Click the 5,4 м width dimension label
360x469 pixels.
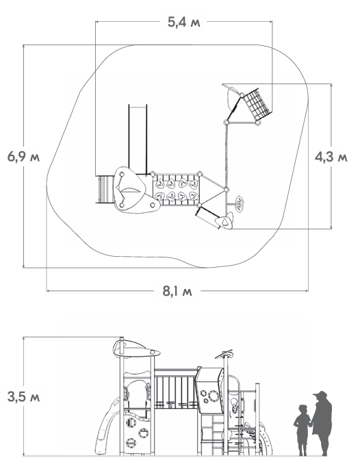coord(183,22)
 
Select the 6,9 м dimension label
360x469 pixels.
coord(24,157)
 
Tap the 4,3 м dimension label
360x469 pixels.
coord(331,157)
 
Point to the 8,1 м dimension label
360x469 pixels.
coord(177,290)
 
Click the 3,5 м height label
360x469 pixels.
coord(24,397)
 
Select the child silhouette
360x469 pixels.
coord(303,430)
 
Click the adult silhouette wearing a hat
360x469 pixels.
coord(322,423)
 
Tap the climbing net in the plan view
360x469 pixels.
coord(257,104)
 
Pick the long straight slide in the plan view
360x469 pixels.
coord(138,140)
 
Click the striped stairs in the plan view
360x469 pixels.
coord(105,190)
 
